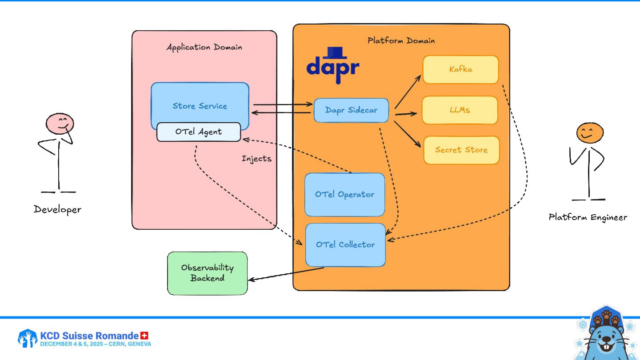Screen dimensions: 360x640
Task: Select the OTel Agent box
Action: [198, 132]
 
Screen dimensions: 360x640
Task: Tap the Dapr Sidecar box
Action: [351, 110]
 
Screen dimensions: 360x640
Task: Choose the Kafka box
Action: [460, 69]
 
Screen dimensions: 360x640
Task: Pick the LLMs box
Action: [460, 110]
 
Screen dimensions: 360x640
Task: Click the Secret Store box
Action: [461, 150]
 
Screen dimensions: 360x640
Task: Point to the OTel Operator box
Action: [344, 195]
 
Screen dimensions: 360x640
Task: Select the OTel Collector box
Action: [345, 245]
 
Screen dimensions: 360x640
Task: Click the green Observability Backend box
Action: [207, 273]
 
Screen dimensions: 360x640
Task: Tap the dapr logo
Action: [333, 65]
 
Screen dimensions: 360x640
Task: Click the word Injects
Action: [256, 159]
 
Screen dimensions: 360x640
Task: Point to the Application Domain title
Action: [204, 47]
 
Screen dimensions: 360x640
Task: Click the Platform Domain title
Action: [401, 41]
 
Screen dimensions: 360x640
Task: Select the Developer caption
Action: [58, 209]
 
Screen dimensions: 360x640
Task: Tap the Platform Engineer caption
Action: [588, 217]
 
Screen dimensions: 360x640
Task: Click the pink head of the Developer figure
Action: [60, 123]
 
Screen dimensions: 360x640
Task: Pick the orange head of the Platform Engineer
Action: [590, 132]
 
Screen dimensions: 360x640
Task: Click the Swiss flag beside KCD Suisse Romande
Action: [144, 336]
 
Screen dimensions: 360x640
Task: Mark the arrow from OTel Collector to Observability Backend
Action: [286, 274]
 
